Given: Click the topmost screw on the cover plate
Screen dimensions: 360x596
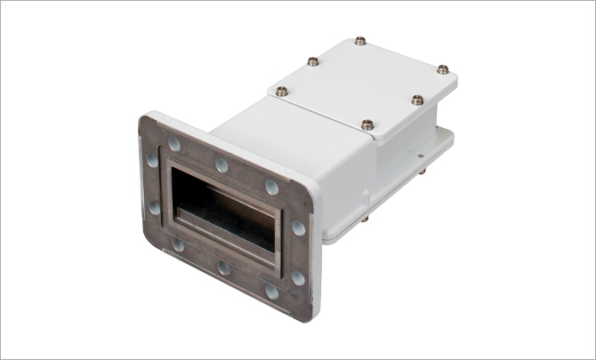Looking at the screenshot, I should point(358,40).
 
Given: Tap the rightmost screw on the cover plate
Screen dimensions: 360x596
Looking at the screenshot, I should point(442,68).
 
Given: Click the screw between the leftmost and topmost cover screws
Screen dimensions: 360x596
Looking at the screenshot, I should point(312,61).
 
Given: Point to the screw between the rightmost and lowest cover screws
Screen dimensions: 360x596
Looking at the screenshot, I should point(415,99).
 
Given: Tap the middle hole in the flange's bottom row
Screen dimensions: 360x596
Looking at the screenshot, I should point(223,268).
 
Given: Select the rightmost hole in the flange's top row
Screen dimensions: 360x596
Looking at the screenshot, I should point(270,187).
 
